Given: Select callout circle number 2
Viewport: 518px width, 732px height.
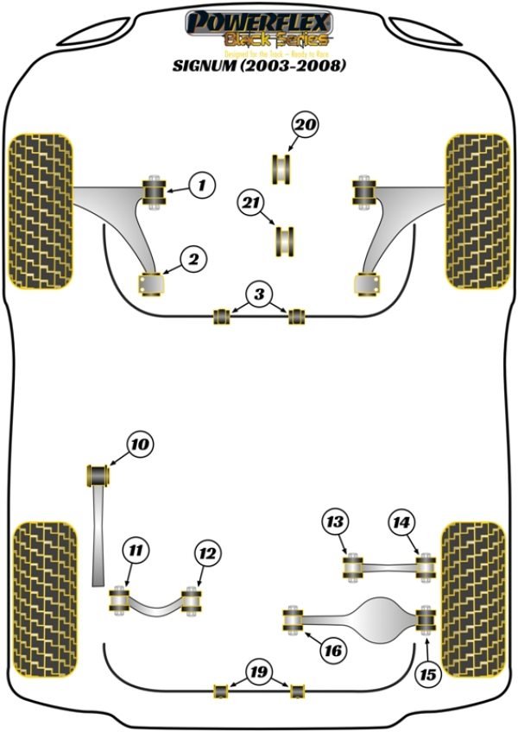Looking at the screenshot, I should click(193, 257).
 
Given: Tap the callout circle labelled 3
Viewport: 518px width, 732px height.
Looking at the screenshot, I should click(257, 294).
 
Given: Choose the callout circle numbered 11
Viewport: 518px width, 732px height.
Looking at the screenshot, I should click(136, 550).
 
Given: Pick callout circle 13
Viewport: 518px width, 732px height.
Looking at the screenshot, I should click(334, 521).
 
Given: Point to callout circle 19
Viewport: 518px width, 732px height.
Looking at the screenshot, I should click(256, 671).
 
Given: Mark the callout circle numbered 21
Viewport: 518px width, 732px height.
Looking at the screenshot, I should click(250, 204).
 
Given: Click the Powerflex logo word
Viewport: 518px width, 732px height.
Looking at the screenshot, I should click(258, 21).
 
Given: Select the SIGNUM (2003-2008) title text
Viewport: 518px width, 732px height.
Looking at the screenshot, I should click(259, 65).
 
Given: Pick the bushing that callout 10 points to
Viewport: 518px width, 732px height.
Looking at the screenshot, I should click(101, 475).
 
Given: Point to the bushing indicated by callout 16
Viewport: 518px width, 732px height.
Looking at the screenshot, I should click(295, 620).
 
